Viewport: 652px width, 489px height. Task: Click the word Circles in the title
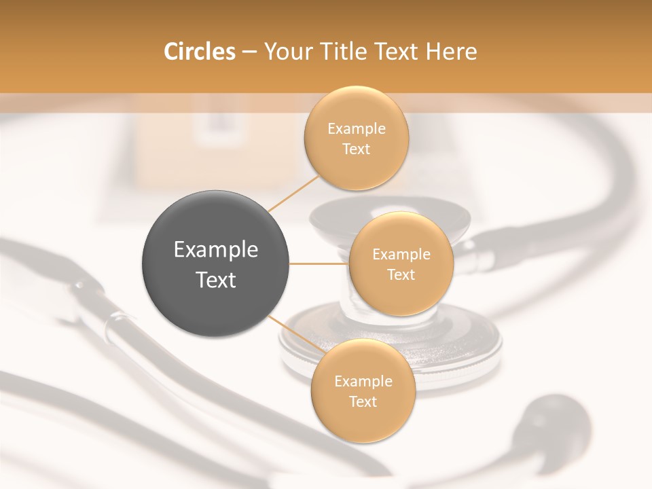click(x=199, y=52)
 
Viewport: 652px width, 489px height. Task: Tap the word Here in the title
click(x=451, y=52)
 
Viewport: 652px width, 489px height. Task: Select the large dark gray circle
click(x=215, y=264)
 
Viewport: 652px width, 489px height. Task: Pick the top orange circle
click(x=356, y=138)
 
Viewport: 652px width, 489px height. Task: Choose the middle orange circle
click(x=401, y=264)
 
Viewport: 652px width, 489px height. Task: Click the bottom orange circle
click(x=363, y=391)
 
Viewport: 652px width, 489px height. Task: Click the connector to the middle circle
click(x=319, y=264)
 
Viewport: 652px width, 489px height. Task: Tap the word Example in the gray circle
click(x=215, y=250)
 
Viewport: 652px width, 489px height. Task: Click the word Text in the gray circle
click(x=215, y=280)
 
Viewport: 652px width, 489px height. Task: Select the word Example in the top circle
click(x=356, y=129)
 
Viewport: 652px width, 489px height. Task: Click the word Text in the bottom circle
click(x=363, y=401)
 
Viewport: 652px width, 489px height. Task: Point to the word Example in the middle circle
click(x=401, y=255)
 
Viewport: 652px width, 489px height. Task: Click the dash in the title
click(x=249, y=52)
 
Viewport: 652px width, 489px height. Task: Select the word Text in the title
click(x=395, y=52)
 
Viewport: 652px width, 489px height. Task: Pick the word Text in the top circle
click(x=356, y=149)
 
